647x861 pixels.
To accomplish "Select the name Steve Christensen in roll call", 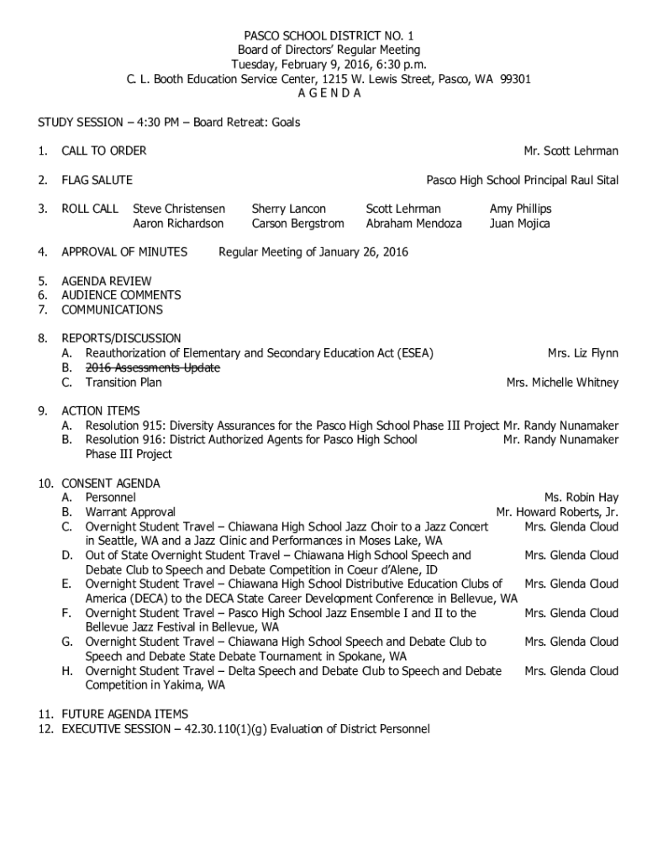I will pos(179,209).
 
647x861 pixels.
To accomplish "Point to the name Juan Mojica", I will pos(520,224).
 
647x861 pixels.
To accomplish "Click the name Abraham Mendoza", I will pos(413,224).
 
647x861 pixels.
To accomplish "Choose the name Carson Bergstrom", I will pos(297,224).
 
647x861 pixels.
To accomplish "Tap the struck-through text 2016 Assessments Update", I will pos(152,368).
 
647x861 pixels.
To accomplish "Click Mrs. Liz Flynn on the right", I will pos(582,353).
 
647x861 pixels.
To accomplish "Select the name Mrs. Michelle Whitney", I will pos(562,383).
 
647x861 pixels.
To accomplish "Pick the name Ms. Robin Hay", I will pos(581,498).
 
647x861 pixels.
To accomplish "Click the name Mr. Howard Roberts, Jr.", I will pos(557,512).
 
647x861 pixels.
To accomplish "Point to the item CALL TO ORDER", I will pos(104,151).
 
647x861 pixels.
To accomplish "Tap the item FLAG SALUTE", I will pos(97,180).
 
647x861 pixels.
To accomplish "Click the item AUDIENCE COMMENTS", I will pos(121,295).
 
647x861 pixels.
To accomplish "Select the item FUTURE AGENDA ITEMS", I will pos(124,715).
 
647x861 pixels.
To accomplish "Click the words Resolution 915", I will pos(124,425).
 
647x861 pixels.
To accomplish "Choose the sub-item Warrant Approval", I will pos(130,512).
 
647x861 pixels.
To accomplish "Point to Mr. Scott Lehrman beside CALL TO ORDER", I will pos(571,151).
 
